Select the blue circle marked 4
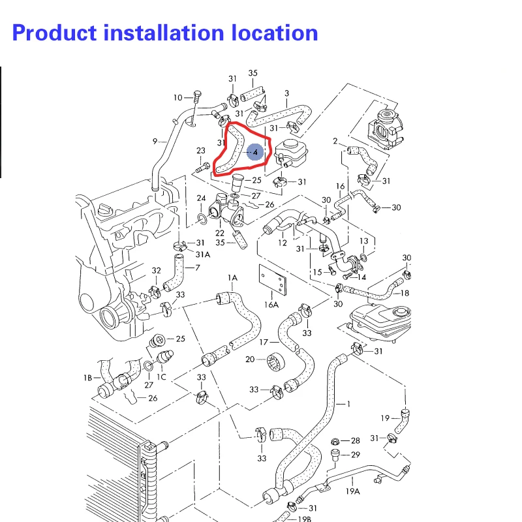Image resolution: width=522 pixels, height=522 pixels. pyautogui.click(x=255, y=152)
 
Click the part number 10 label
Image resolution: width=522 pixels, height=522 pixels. pyautogui.click(x=178, y=98)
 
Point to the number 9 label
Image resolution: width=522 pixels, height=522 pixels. pyautogui.click(x=155, y=142)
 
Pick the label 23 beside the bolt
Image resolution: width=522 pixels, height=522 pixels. pyautogui.click(x=201, y=151)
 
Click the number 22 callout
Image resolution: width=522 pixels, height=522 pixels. pyautogui.click(x=220, y=233)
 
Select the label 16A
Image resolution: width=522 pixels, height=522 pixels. pyautogui.click(x=271, y=304)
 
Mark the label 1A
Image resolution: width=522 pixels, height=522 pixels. pyautogui.click(x=233, y=278)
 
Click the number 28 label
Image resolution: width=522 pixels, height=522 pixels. pyautogui.click(x=356, y=441)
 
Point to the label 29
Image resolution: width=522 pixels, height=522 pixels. pyautogui.click(x=356, y=455)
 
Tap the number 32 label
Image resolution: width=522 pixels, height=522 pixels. pyautogui.click(x=156, y=271)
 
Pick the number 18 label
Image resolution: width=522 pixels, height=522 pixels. pyautogui.click(x=405, y=294)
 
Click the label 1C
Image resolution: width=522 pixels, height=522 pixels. pyautogui.click(x=161, y=377)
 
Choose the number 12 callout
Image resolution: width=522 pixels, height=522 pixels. pyautogui.click(x=283, y=243)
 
